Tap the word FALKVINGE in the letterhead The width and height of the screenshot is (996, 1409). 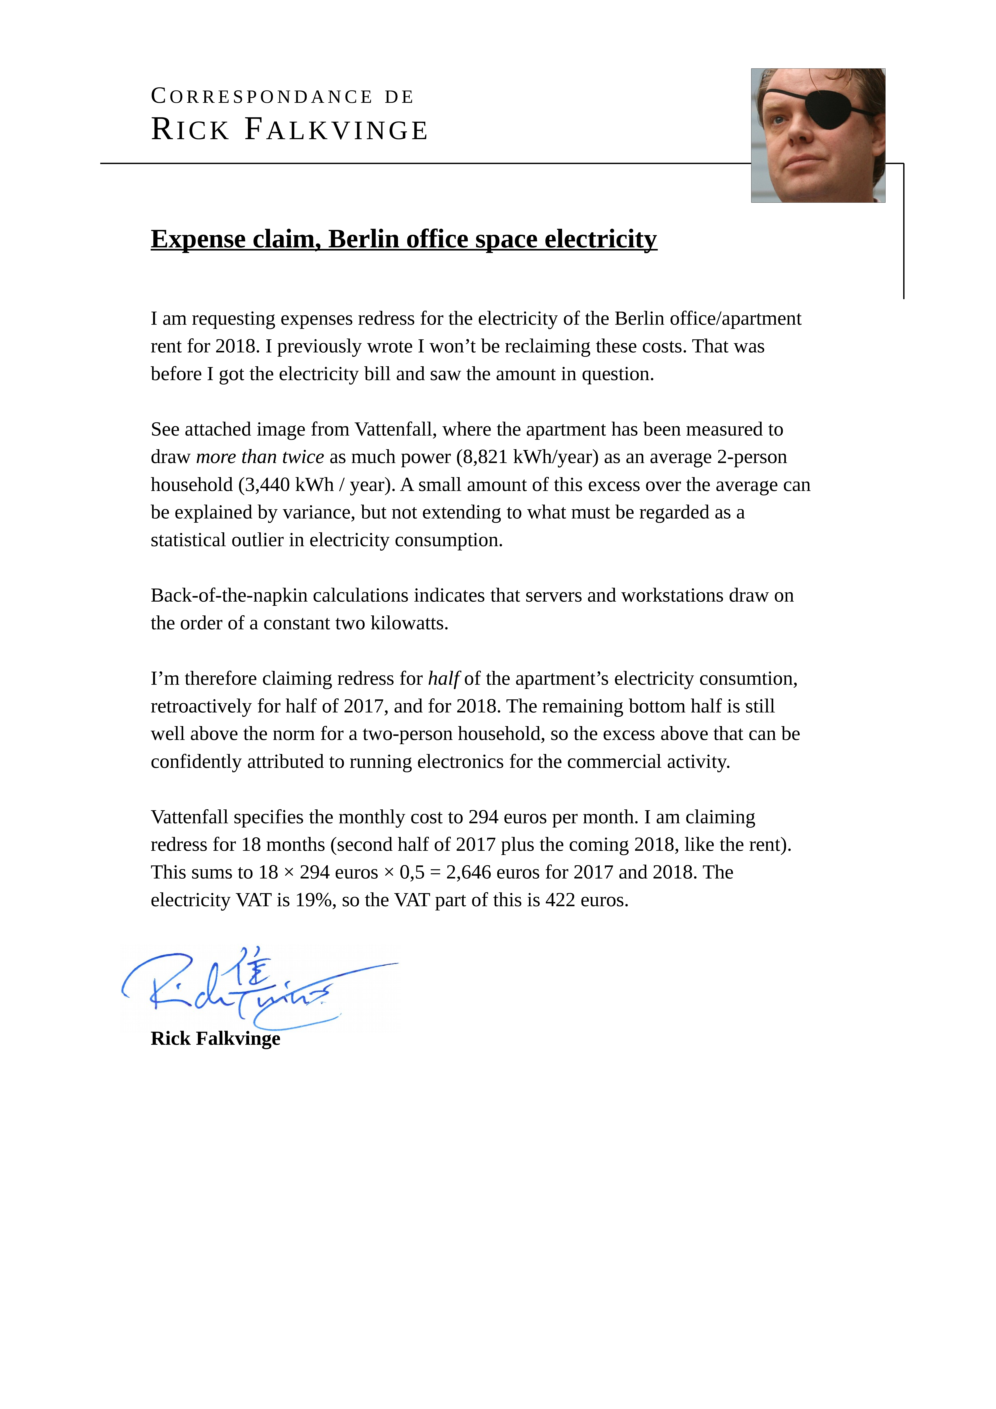(336, 130)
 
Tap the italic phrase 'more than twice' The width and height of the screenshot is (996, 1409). (260, 457)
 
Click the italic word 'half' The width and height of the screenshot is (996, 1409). (443, 679)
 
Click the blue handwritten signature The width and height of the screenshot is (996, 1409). (246, 988)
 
